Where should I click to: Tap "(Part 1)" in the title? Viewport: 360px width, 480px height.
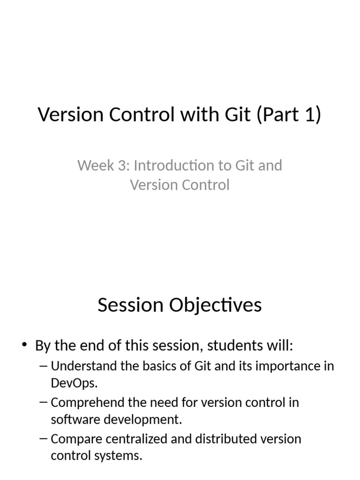[288, 115]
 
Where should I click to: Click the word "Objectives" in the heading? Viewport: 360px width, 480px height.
[215, 305]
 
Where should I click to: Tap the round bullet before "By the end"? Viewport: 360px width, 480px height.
[24, 345]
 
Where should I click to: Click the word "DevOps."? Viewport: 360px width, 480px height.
[74, 383]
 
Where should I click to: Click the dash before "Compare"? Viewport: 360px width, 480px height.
[44, 439]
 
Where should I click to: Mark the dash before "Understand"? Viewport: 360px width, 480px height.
[44, 366]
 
